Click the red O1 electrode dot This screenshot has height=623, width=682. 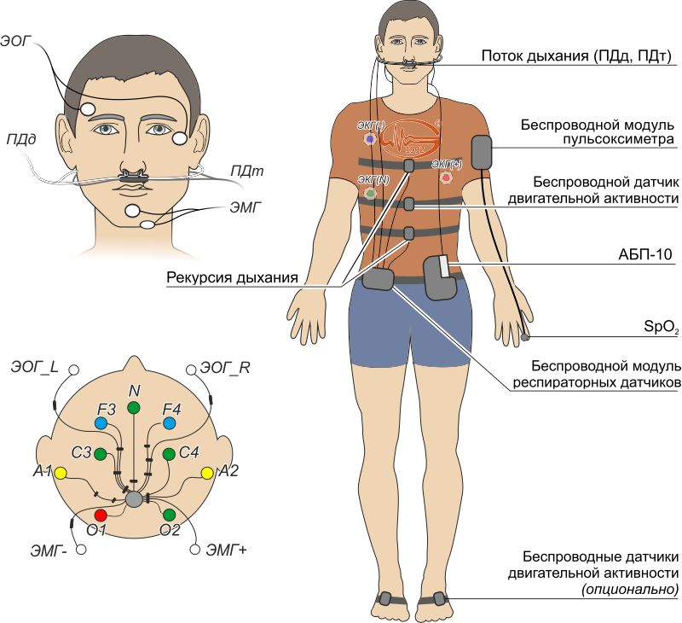pyautogui.click(x=101, y=515)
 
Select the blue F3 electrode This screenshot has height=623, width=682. pyautogui.click(x=101, y=423)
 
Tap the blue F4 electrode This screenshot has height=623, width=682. pyautogui.click(x=169, y=423)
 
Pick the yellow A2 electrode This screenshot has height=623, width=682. pyautogui.click(x=206, y=472)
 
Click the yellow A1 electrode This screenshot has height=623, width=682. pyautogui.click(x=61, y=472)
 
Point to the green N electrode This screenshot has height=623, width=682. pyautogui.click(x=134, y=408)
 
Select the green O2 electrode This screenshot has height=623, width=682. pyautogui.click(x=169, y=515)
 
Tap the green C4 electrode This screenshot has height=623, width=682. pyautogui.click(x=169, y=453)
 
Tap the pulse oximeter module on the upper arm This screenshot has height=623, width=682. pyautogui.click(x=482, y=153)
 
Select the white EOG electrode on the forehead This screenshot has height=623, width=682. pyautogui.click(x=88, y=109)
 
